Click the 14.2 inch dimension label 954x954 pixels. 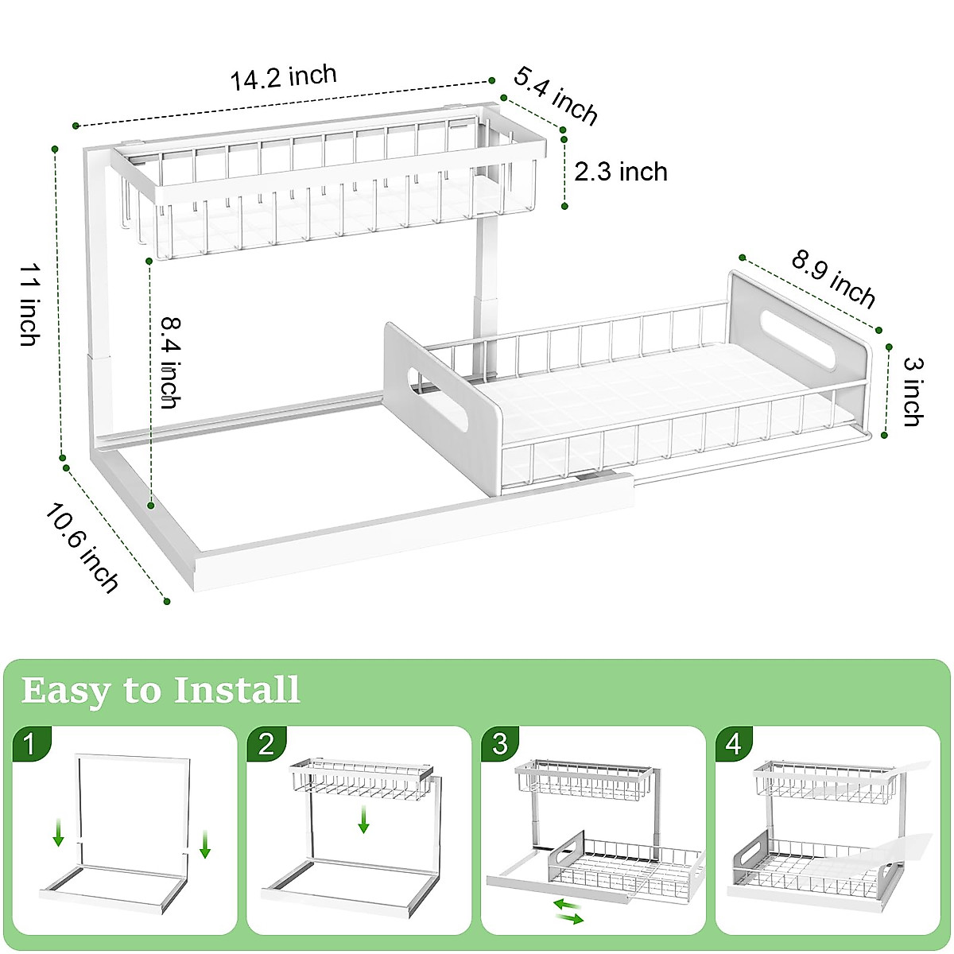pos(284,77)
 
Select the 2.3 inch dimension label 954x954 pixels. pos(621,172)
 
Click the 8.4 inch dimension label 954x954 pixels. pos(171,363)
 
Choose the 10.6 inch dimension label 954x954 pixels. pos(82,548)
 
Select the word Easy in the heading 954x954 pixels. pos(65,692)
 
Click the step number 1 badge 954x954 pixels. pos(31,745)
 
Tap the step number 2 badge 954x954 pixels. pos(266,745)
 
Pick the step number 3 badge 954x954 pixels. pos(500,745)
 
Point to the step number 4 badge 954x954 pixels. pos(734,745)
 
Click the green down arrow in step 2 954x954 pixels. pos(364,820)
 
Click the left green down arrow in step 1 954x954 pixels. pos(58,832)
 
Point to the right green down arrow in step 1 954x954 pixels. pos(205,844)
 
